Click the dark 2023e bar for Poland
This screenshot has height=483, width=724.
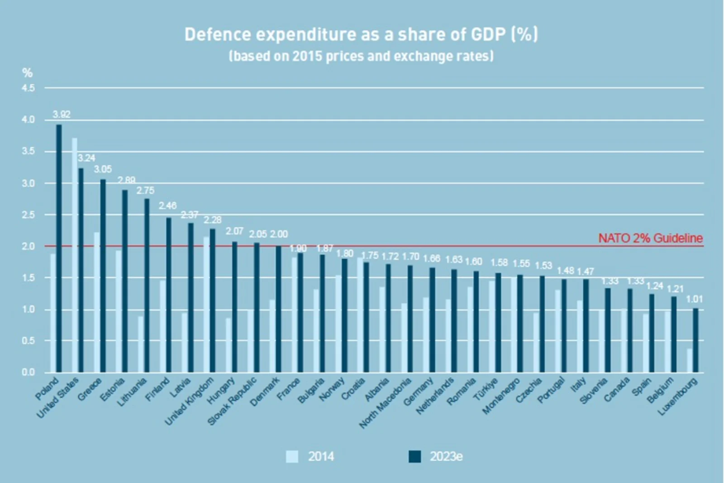59,249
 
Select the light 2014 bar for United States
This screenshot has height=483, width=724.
75,255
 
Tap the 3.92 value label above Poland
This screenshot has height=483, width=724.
62,114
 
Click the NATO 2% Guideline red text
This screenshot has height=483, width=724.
650,238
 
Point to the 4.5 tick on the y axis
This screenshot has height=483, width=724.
28,88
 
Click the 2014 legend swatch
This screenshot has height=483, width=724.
292,456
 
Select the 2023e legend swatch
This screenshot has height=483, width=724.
414,456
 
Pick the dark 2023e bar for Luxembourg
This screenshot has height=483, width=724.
695,340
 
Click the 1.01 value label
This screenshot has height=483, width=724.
694,299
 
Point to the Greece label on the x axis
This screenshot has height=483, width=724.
89,388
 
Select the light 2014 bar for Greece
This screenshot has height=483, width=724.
96,302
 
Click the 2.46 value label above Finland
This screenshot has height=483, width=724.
167,206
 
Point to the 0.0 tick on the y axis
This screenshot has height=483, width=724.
28,372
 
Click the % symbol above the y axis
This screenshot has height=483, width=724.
28,73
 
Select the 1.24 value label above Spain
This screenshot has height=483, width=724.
654,286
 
